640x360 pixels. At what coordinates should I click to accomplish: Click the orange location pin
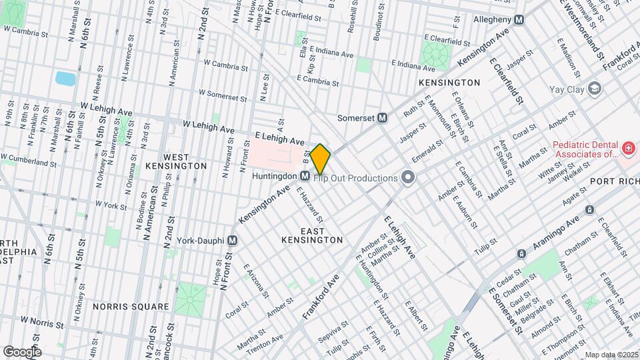(x=321, y=159)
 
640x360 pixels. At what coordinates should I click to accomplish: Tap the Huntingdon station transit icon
(x=305, y=176)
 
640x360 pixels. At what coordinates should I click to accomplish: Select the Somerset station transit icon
(x=383, y=117)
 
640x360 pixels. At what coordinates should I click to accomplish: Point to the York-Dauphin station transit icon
(x=233, y=240)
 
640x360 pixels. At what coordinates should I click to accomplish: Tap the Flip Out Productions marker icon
(x=408, y=177)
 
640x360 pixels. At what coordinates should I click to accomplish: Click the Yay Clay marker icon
(x=595, y=89)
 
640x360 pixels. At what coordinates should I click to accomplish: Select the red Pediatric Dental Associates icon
(x=627, y=147)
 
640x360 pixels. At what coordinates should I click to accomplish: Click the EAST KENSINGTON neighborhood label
(x=312, y=235)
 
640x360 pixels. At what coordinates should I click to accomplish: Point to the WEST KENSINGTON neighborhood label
(x=175, y=160)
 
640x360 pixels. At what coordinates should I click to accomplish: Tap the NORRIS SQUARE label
(x=131, y=307)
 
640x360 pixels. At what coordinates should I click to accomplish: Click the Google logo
(x=22, y=351)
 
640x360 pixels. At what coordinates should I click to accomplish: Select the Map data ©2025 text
(x=611, y=355)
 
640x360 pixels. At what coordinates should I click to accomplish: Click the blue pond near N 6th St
(x=65, y=79)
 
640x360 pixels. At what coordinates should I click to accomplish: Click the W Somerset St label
(x=223, y=96)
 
